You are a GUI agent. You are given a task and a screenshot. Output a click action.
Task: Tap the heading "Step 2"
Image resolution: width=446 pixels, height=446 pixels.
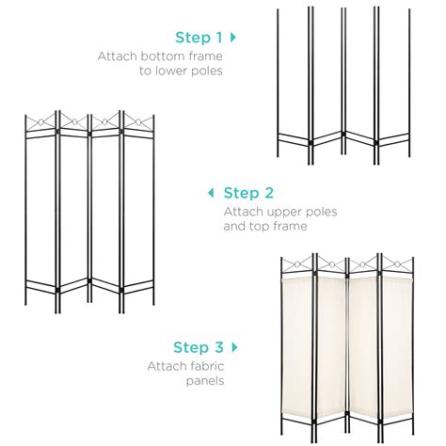pyautogui.click(x=248, y=193)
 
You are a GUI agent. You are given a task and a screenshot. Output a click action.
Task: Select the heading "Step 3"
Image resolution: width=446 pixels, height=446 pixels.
pyautogui.click(x=196, y=347)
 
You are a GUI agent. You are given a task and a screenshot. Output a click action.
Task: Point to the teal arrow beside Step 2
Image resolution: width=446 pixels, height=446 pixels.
pyautogui.click(x=210, y=193)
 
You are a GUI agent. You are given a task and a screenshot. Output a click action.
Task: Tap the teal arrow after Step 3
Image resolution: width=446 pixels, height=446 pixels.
pyautogui.click(x=234, y=347)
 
